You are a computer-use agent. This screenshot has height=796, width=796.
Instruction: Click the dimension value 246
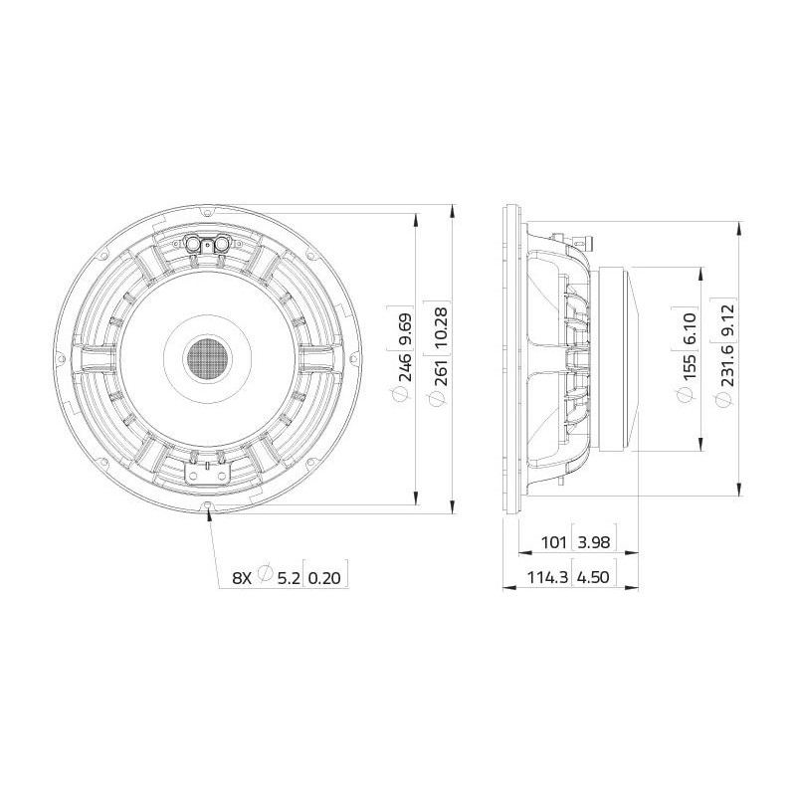point(405,367)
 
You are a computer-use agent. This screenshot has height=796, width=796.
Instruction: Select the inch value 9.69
point(405,328)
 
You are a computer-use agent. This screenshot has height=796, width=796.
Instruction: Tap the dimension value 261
point(441,372)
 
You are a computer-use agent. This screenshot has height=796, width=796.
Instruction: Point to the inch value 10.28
point(441,327)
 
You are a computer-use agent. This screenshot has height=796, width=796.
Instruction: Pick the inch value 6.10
point(689,328)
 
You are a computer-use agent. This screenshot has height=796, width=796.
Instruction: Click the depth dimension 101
point(553,542)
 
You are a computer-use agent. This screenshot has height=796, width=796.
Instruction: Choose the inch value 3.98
point(593,542)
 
